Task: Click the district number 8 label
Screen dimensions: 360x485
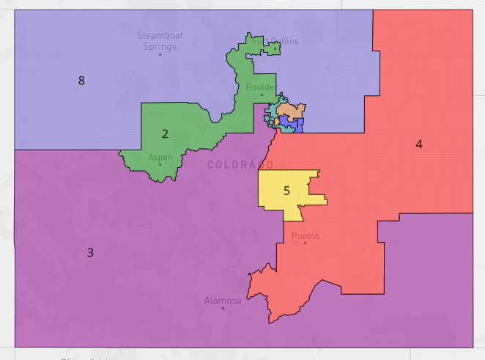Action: (81, 81)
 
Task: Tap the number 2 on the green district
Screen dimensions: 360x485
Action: (165, 133)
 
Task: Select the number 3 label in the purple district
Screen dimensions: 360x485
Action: (90, 253)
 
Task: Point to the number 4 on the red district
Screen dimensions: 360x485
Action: (419, 144)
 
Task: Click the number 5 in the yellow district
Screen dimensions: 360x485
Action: (287, 191)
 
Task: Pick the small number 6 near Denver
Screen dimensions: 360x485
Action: (271, 122)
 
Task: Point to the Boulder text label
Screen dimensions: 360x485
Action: (260, 87)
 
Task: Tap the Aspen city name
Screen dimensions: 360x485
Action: (160, 157)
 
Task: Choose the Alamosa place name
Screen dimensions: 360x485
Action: (223, 301)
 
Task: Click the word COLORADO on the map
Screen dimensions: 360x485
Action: (240, 165)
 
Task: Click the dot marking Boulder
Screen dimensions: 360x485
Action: (262, 95)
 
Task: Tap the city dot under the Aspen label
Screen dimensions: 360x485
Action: (160, 164)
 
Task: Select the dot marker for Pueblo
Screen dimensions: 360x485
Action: (305, 243)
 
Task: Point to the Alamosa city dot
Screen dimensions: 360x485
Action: (223, 308)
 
